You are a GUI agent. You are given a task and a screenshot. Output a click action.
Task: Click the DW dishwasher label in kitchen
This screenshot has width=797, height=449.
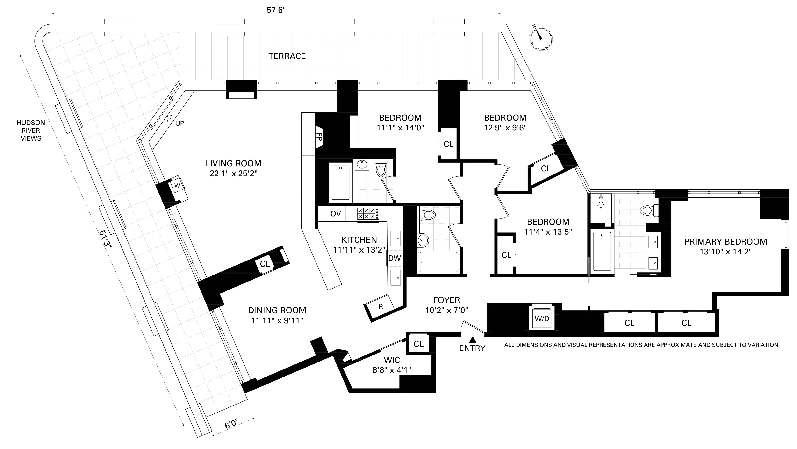click(x=395, y=258)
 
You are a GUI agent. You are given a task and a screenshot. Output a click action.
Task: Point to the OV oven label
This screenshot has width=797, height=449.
click(x=336, y=214)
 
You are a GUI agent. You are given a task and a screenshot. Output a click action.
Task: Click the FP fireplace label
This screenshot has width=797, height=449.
click(x=319, y=137)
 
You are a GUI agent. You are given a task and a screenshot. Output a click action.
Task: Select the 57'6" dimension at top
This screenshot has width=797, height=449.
click(x=276, y=10)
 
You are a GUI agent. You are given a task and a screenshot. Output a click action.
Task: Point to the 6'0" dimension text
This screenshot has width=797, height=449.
click(x=231, y=424)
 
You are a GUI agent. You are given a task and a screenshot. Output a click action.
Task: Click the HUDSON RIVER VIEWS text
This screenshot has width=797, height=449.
click(x=31, y=130)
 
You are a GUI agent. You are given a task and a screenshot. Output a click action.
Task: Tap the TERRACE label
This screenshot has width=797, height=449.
click(x=287, y=56)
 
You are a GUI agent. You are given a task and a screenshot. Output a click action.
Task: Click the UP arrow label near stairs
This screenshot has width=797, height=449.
click(x=180, y=123)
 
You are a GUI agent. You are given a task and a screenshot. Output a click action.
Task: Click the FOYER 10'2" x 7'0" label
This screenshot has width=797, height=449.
click(x=446, y=305)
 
